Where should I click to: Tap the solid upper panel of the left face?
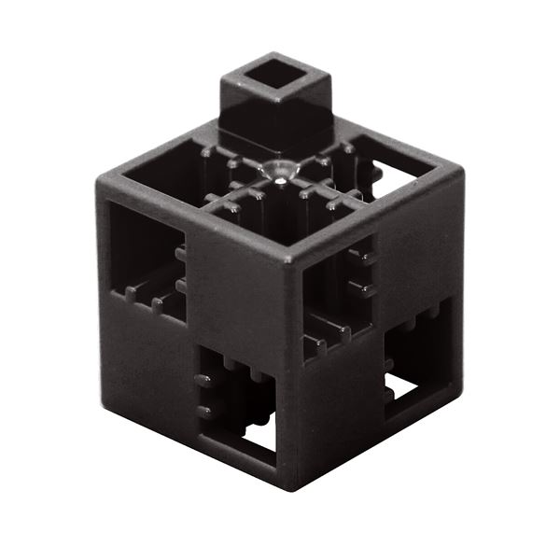(233, 280)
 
